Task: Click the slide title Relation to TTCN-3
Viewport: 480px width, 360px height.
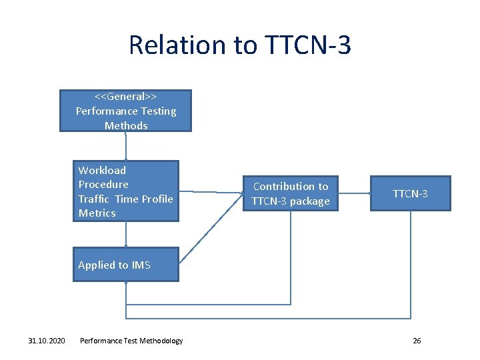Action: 239,45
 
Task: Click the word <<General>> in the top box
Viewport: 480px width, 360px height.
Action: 125,97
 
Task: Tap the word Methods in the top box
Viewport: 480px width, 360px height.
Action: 125,125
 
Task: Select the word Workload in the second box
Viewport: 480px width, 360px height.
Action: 102,170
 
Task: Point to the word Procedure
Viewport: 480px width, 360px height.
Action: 103,184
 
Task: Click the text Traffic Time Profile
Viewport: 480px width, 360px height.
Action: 125,199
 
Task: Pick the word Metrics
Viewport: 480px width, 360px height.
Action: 97,213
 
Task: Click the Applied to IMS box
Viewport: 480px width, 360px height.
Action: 125,265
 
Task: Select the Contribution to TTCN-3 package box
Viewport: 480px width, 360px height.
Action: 291,193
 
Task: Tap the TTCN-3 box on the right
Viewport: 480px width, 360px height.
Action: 410,193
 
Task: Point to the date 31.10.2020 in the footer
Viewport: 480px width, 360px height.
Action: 47,341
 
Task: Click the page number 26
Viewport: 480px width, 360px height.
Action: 417,341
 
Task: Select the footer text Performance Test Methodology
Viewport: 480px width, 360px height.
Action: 131,341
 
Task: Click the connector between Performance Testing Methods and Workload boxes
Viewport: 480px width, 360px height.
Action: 125,146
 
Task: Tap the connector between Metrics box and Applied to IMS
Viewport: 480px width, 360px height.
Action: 125,234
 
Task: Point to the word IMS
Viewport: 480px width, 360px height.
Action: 141,265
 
